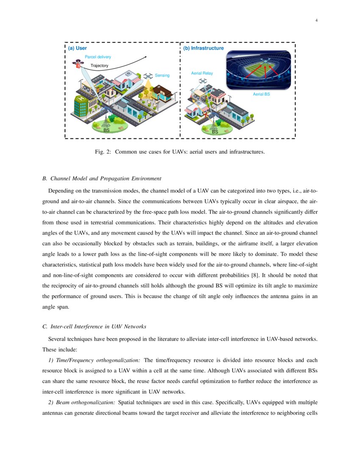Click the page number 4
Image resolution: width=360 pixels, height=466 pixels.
[x=316, y=21]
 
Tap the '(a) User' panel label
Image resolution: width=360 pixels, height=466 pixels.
[x=78, y=48]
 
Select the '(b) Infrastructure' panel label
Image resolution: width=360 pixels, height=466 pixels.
[x=203, y=48]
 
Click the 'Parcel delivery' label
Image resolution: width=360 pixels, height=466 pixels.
[x=98, y=57]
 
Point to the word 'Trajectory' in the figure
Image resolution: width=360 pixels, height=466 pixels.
[x=100, y=66]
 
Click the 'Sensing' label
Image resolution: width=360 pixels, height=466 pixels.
[x=162, y=75]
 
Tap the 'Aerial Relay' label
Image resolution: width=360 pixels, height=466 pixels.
[x=202, y=73]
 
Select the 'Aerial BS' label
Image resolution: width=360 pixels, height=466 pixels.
[x=261, y=94]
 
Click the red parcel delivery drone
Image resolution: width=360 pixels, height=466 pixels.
[x=78, y=64]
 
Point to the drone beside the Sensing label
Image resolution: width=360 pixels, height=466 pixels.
[x=148, y=76]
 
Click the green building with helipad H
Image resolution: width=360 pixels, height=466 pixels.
[x=82, y=105]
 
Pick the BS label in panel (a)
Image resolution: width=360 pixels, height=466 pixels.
[x=106, y=130]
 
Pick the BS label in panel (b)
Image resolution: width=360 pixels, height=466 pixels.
[x=215, y=132]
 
